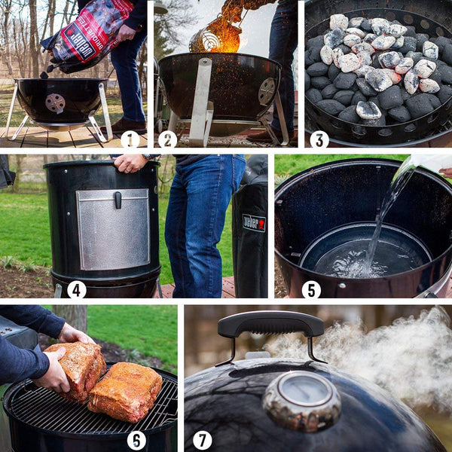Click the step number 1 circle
coord(130,139)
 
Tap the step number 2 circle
coord(168,139)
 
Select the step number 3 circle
coord(319,139)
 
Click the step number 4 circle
coord(76,289)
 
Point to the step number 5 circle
coord(311,289)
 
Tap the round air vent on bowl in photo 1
coord(55,102)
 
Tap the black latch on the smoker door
coord(118,200)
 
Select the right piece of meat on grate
coord(126,391)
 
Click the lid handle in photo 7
coord(270,325)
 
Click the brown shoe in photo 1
coord(128,125)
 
